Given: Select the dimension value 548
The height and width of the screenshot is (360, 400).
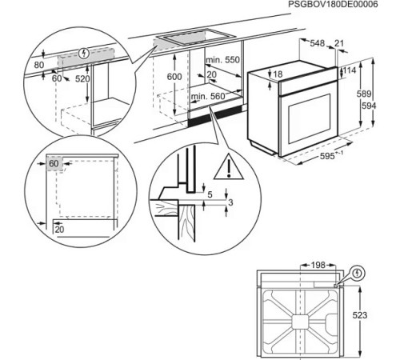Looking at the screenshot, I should point(318,42).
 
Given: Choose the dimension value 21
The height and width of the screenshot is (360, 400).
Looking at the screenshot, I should point(338,42).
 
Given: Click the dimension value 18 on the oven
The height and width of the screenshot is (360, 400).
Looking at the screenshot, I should point(278,74).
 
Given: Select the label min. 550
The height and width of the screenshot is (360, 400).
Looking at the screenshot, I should point(222,61).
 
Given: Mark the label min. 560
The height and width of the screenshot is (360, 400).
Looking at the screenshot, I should point(206,96).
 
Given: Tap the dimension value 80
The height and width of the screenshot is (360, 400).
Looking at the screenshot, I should point(40,63).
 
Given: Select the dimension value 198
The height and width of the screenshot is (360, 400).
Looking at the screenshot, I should point(318,265).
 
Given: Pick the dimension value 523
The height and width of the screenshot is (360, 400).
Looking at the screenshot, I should point(362,315).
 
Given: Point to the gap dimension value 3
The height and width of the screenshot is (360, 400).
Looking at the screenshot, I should point(232,204).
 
